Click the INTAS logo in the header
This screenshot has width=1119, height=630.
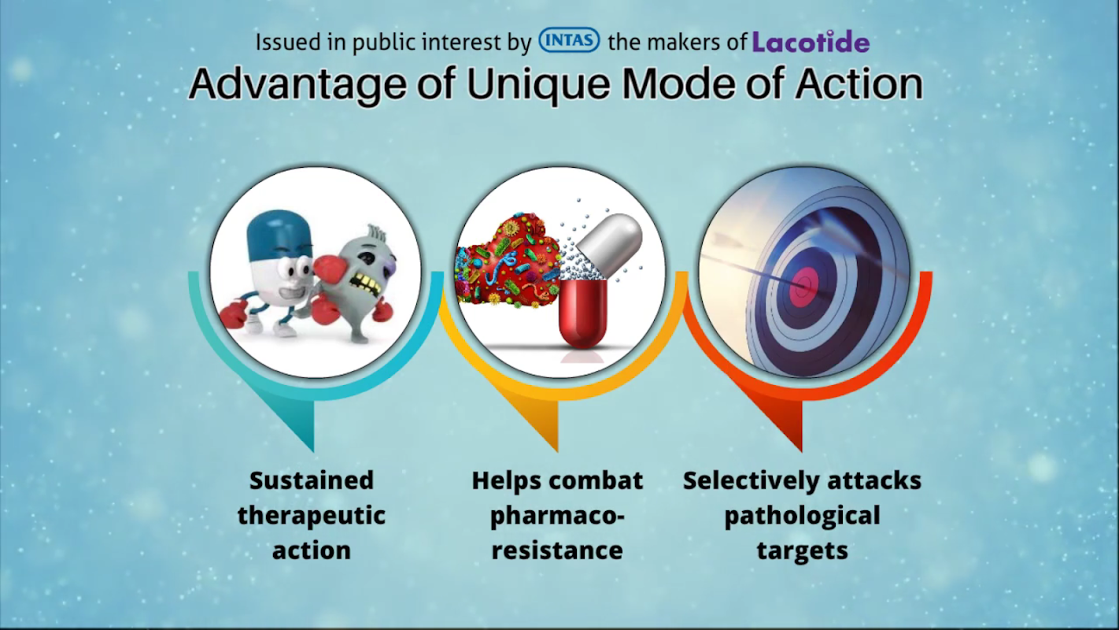569,40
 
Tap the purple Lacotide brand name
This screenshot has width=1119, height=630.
811,42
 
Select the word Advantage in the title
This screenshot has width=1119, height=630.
297,84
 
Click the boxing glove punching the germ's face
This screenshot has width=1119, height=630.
327,270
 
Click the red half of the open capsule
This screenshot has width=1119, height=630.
583,313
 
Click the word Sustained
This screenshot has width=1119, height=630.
311,480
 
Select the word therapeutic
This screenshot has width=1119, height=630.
311,517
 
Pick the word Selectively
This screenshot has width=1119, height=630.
752,481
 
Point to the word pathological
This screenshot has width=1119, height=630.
803,517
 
